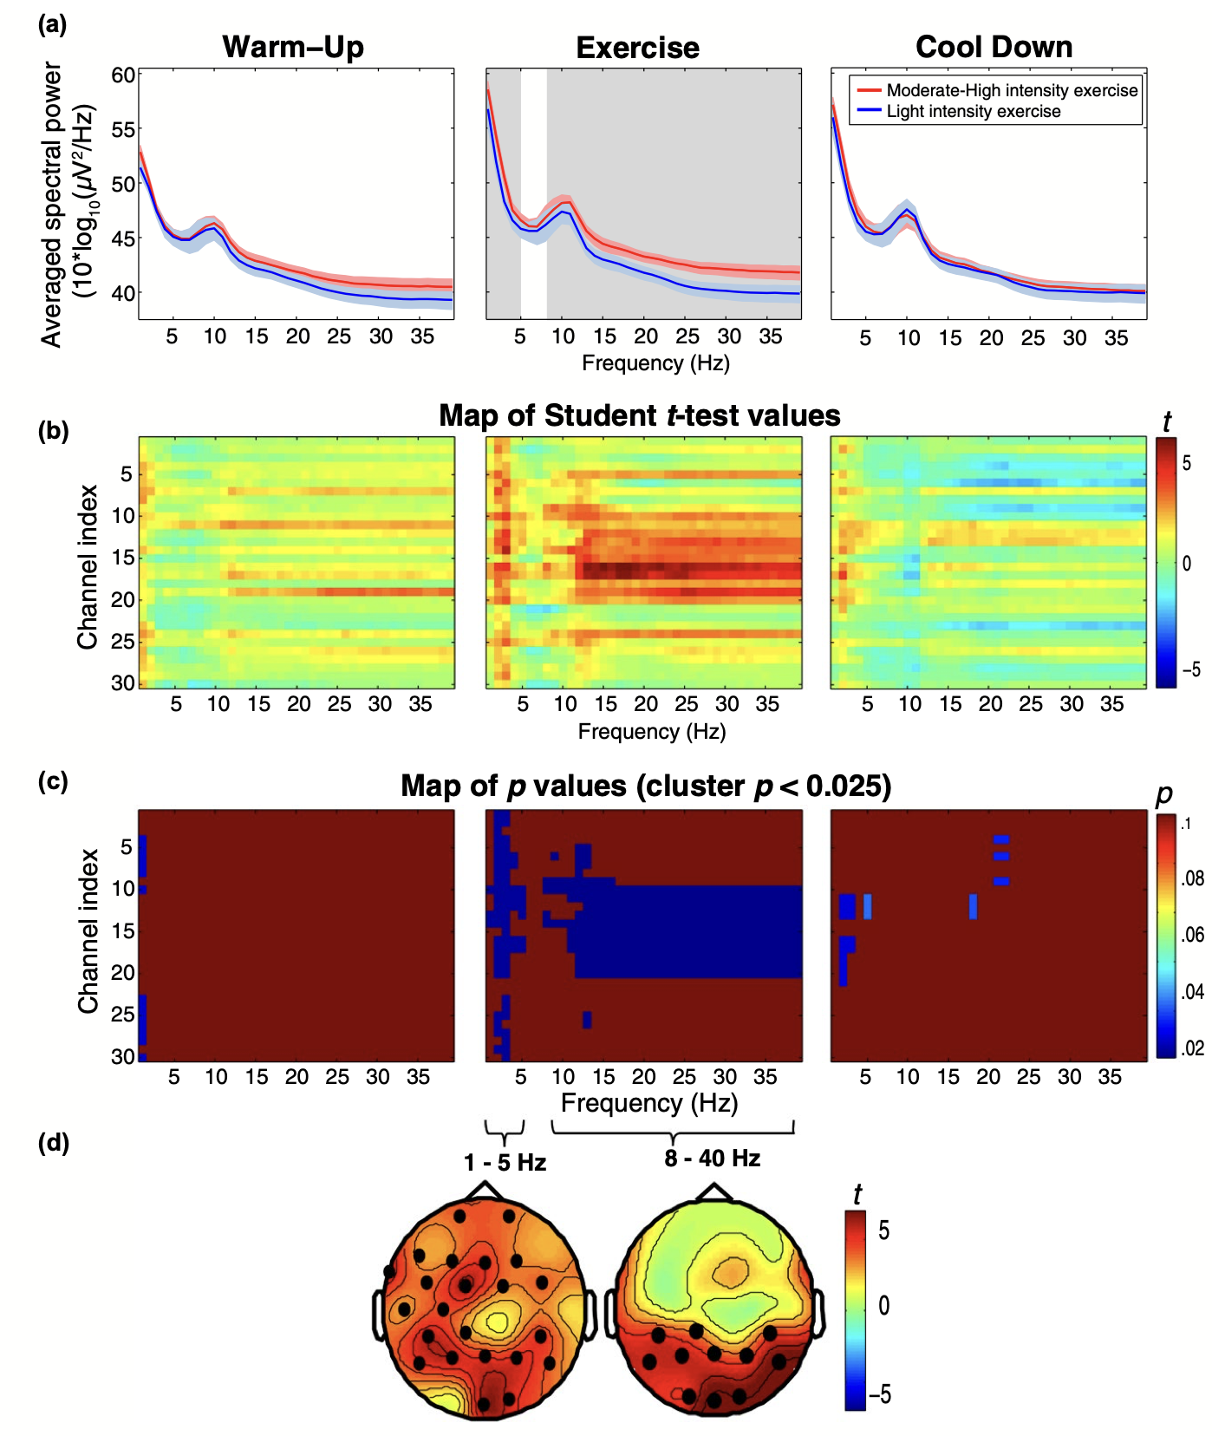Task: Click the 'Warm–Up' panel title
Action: [293, 47]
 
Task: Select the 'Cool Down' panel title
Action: [994, 47]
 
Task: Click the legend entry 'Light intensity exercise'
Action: [973, 112]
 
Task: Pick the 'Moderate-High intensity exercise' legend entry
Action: [1011, 90]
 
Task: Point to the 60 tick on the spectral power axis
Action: [123, 75]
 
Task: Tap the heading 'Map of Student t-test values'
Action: [639, 415]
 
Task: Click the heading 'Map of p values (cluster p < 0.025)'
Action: [646, 786]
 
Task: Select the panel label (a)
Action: [53, 24]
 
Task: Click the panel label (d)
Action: [53, 1143]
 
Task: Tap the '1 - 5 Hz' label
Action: [505, 1162]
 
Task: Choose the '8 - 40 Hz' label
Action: [713, 1159]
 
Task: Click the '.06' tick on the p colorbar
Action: [1193, 935]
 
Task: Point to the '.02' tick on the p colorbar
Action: [1193, 1048]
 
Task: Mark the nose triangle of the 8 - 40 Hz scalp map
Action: [714, 1193]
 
